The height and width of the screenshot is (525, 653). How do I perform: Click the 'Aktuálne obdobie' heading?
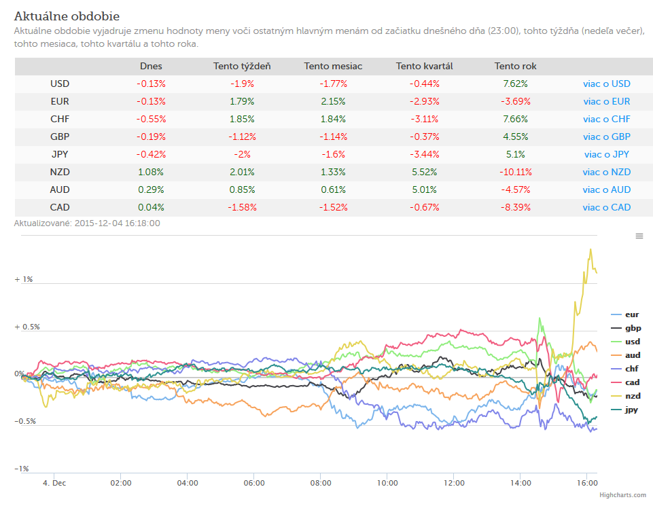67,16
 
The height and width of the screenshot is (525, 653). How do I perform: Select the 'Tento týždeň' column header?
242,66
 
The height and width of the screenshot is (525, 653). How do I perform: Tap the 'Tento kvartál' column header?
425,66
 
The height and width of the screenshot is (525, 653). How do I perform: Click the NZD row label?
60,172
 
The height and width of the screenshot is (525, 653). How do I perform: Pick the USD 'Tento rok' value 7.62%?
515,84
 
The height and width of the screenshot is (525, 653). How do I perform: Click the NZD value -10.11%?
516,172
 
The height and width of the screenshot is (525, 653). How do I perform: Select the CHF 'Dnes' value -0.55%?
151,119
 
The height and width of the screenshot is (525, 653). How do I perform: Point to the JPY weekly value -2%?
242,154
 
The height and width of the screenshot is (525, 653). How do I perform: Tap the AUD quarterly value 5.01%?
425,190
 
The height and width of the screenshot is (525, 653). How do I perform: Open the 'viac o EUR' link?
607,102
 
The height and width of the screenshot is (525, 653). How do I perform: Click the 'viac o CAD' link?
607,207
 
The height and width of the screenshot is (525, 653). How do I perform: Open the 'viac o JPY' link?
607,154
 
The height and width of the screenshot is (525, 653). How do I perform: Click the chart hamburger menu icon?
639,236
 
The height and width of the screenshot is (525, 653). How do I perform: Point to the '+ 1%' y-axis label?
24,279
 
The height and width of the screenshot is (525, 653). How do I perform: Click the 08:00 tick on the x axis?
321,483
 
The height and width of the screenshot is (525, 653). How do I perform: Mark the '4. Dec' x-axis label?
54,483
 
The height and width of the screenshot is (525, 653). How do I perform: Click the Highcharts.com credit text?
622,495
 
